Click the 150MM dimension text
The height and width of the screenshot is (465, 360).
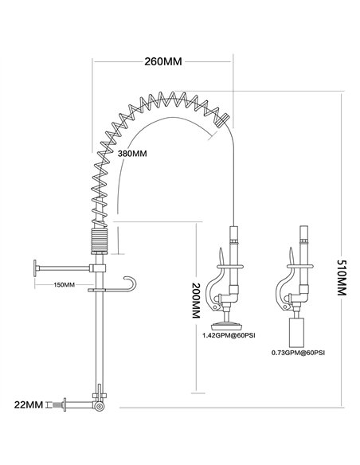[x=64, y=285]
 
